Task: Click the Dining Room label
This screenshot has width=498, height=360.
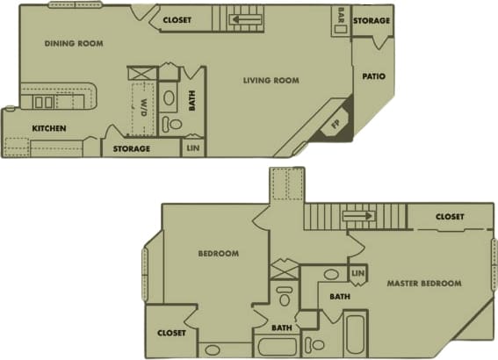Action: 74,43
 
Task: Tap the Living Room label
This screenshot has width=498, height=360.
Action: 271,81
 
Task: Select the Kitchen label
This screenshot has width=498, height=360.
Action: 49,128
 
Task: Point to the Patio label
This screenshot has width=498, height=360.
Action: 373,76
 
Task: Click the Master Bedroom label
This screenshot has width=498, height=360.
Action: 424,283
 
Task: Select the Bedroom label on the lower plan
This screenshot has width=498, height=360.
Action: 218,254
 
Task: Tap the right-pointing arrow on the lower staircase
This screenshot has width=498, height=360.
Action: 357,215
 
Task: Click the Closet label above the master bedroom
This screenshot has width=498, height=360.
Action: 450,216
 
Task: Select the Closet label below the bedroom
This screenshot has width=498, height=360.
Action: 171,333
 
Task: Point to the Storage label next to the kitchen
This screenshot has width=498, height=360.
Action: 132,148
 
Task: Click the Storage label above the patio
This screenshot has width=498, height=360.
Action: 372,20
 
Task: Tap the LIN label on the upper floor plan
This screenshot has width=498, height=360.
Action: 193,149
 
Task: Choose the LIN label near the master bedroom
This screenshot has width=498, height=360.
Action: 357,275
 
